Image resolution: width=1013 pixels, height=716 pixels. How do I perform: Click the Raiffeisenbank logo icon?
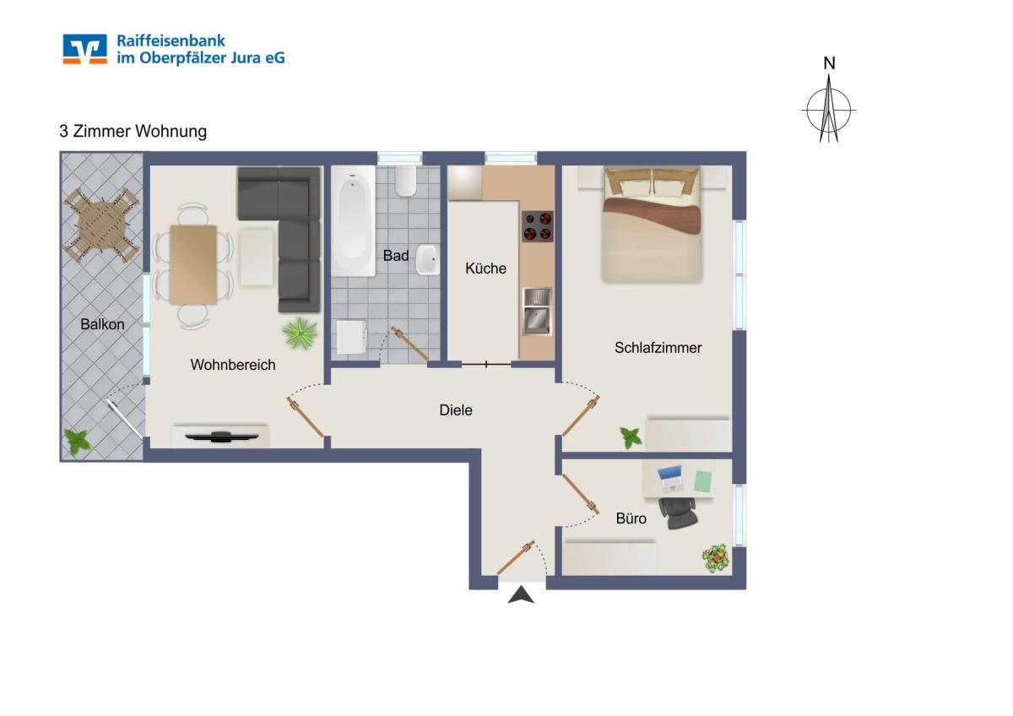coord(84,49)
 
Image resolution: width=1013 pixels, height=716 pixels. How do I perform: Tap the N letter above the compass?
coord(829,63)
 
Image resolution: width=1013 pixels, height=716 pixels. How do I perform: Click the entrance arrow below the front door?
coord(521,594)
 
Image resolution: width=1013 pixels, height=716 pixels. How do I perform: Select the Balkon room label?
coord(102,324)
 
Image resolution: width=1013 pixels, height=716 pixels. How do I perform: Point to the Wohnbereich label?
coord(233,365)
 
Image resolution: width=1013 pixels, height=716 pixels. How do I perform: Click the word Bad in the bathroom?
coord(396,256)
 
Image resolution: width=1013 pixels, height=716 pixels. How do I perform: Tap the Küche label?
coord(485,268)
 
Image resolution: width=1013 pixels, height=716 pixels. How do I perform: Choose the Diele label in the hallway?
coord(456,410)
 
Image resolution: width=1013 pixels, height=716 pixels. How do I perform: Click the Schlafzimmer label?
coord(658,347)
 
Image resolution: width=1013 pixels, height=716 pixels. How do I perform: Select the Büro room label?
coord(631,518)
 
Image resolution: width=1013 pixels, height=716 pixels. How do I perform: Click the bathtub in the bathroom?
coord(353,221)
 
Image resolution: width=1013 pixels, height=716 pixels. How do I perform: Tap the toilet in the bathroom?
coord(406,181)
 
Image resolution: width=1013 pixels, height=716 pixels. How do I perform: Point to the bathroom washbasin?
coord(427,259)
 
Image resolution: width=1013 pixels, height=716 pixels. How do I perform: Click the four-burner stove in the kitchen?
coord(538,226)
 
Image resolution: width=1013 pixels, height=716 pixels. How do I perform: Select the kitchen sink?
coord(537,312)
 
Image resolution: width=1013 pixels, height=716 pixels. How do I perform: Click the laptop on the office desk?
coord(671,479)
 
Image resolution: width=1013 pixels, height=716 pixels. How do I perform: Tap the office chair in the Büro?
coord(678,513)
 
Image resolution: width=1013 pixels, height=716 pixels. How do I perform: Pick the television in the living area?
coord(221,437)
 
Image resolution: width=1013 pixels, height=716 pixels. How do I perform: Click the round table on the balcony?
coord(102,225)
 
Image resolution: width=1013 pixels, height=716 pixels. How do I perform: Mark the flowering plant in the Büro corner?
coord(716,558)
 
